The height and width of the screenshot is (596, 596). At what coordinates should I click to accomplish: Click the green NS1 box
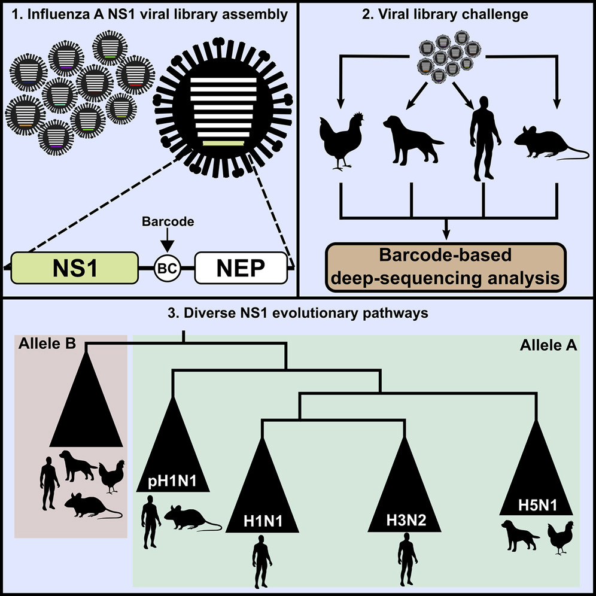click(74, 267)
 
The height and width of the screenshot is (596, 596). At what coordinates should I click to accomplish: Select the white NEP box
click(239, 267)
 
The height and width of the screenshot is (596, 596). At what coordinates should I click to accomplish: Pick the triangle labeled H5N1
click(540, 479)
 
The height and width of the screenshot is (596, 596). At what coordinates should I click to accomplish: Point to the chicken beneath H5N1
click(559, 538)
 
